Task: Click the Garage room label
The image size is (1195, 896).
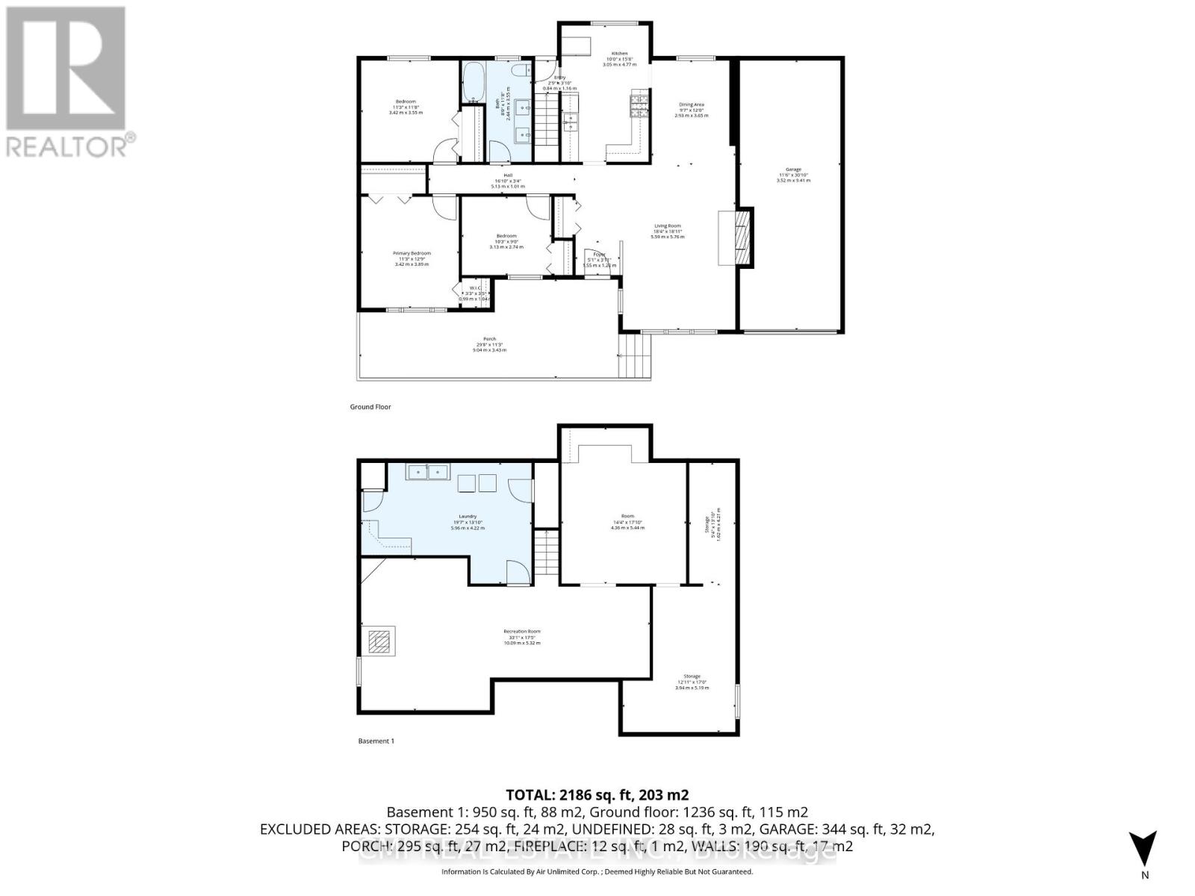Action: click(x=792, y=170)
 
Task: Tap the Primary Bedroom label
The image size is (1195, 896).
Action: click(x=412, y=254)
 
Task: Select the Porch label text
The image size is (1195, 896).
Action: click(x=489, y=340)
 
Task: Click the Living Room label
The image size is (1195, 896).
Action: click(x=668, y=226)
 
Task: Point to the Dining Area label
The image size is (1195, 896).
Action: click(x=691, y=105)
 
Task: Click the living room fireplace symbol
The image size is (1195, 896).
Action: click(x=741, y=237)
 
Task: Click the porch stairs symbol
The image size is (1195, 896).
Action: click(x=634, y=357)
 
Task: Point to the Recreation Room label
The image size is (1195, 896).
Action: click(x=521, y=632)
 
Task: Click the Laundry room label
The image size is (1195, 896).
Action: click(x=468, y=517)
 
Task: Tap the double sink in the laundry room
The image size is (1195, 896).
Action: click(x=426, y=471)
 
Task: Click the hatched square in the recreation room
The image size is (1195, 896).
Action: click(x=381, y=641)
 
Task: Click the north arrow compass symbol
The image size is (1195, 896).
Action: click(x=1143, y=849)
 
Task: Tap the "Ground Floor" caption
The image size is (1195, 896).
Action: click(x=370, y=407)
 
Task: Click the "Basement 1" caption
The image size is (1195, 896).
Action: click(x=376, y=741)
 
